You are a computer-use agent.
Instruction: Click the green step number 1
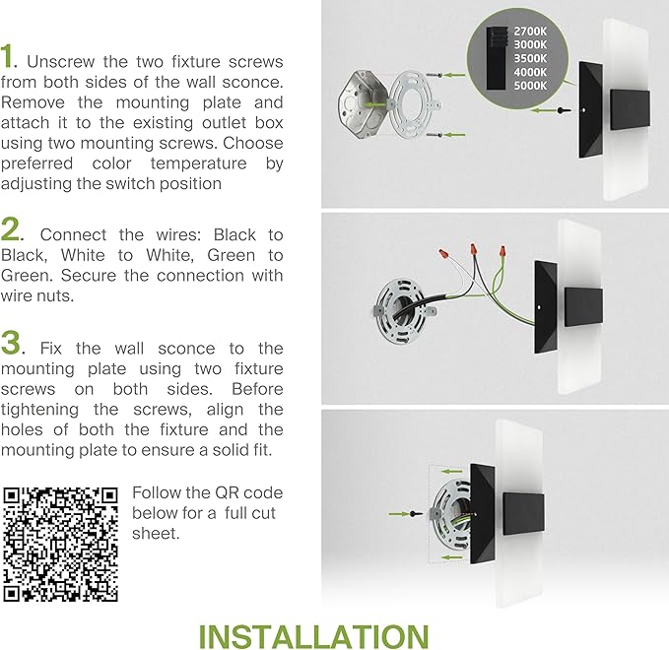tap(9, 57)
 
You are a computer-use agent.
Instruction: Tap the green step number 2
tap(11, 230)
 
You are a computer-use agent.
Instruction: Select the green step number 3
tap(12, 343)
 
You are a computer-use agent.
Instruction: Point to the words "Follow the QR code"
tap(207, 492)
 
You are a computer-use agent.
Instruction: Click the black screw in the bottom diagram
tap(421, 514)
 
